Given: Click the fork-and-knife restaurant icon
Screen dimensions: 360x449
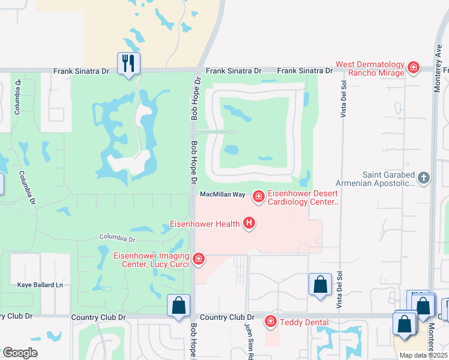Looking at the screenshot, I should click(128, 63).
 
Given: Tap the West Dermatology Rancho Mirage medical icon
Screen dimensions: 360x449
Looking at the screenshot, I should click(413, 68).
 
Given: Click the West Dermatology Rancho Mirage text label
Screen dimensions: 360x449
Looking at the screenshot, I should click(370, 68).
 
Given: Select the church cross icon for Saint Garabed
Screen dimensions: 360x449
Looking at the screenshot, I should click(424, 178).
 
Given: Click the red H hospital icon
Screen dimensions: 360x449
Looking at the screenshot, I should click(249, 224).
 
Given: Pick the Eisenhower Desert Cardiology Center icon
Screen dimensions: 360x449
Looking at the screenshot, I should click(259, 196).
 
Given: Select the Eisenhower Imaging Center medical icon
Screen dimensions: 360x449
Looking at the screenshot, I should click(198, 259).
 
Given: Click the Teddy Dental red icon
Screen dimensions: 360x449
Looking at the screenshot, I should click(270, 322).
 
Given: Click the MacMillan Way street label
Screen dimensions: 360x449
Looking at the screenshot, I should click(222, 194).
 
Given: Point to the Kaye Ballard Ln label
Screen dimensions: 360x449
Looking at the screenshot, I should click(40, 284).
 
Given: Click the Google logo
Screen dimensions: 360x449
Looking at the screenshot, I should click(20, 353).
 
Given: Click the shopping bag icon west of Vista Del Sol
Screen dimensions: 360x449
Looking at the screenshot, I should click(321, 284).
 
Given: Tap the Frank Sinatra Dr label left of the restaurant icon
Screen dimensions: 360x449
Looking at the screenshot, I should click(81, 71).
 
